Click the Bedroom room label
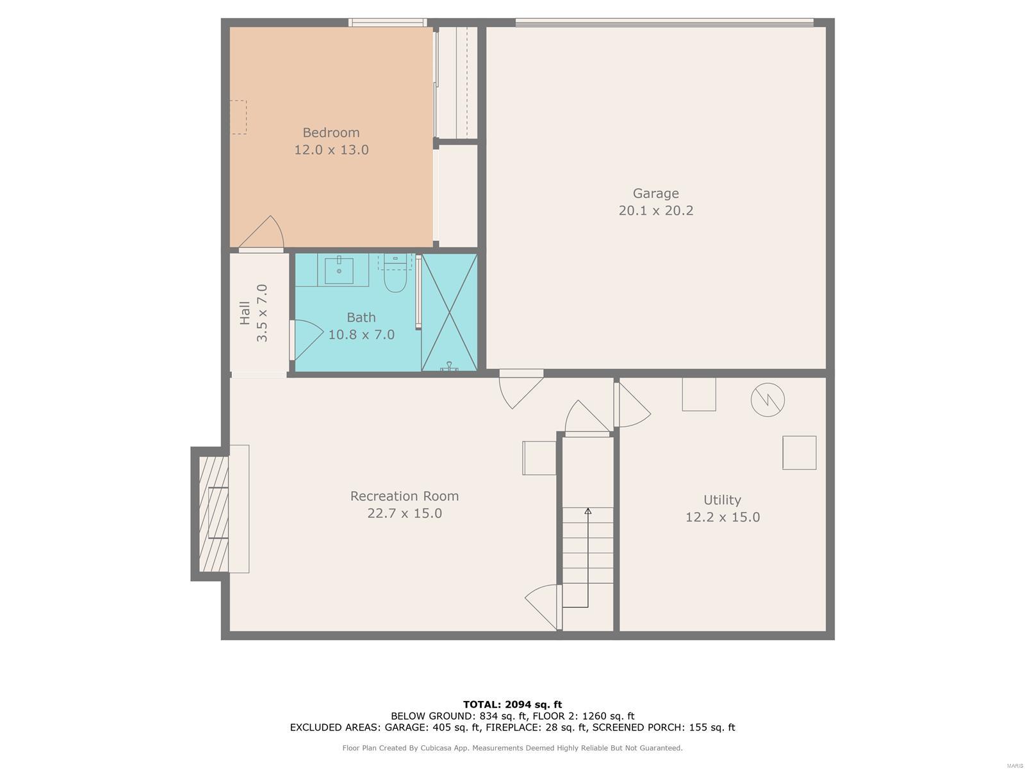click(x=331, y=133)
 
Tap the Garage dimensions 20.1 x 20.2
click(x=655, y=211)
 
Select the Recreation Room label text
click(x=404, y=496)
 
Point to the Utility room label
click(x=722, y=500)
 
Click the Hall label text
click(x=245, y=313)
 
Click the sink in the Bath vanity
click(x=339, y=270)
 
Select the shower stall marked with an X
click(x=449, y=313)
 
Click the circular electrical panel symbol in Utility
click(x=767, y=400)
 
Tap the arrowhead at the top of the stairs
click(x=588, y=511)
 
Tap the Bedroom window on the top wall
click(x=388, y=22)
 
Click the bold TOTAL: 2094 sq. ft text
click(x=512, y=704)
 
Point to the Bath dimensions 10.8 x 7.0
click(x=361, y=335)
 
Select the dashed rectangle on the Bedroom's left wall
click(x=238, y=117)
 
